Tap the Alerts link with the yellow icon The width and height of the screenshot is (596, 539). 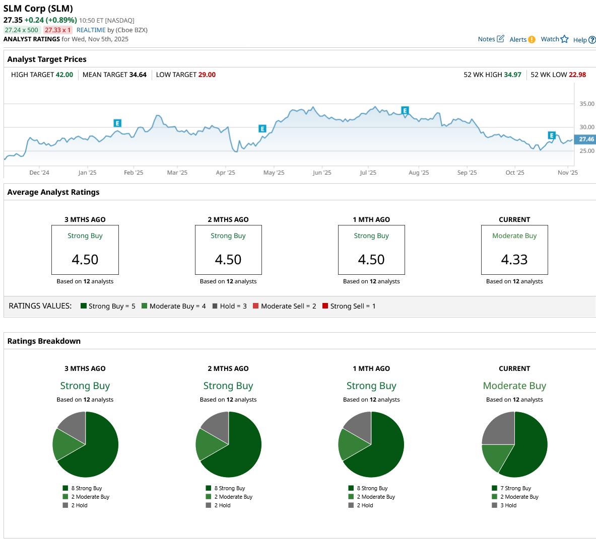(522, 39)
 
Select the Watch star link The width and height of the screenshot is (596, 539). (554, 39)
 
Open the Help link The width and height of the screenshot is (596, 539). (584, 40)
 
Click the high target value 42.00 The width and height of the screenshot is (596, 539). (64, 74)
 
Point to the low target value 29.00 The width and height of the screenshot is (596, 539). (207, 74)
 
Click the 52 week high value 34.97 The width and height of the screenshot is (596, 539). (513, 74)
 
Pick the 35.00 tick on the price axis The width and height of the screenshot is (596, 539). (587, 104)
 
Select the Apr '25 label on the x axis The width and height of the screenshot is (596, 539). (225, 173)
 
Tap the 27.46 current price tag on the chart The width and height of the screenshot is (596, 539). (586, 139)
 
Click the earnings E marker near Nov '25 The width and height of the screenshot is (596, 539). (552, 135)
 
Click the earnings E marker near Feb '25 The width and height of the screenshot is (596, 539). (117, 123)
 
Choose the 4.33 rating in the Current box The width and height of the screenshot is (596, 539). (514, 260)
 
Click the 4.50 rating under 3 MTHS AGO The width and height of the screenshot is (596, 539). (85, 260)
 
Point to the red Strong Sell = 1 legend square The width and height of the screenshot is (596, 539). (325, 306)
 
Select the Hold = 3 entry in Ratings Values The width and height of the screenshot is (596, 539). (230, 306)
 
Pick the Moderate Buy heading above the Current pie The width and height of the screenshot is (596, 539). (514, 386)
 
